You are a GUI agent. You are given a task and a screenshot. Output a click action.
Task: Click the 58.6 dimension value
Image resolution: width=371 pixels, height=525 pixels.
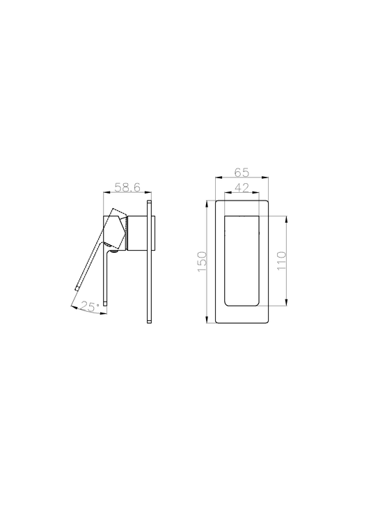click(x=127, y=188)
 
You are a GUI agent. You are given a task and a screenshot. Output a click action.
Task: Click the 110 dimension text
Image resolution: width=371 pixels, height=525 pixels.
click(x=281, y=261)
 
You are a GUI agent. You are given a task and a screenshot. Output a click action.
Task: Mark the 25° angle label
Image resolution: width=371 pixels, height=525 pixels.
click(x=90, y=306)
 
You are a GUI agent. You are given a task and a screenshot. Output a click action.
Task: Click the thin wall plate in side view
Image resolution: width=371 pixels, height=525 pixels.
click(x=150, y=262)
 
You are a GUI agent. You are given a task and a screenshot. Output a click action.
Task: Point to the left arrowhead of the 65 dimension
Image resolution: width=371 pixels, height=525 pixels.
click(x=217, y=178)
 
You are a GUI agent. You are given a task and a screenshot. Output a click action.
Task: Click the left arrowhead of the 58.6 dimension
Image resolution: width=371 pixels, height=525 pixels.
click(x=104, y=194)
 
